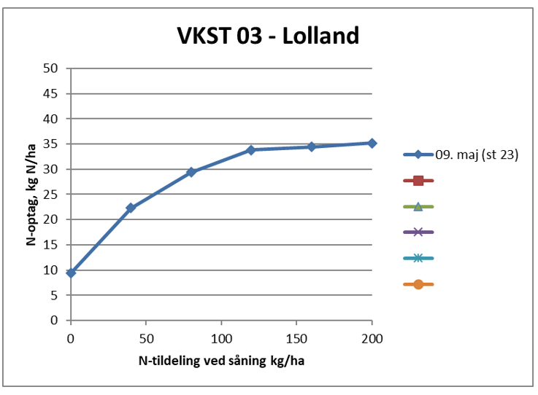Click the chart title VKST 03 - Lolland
(x=268, y=35)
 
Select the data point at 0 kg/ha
(x=71, y=273)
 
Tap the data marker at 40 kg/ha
(x=131, y=208)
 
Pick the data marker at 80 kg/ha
(x=191, y=172)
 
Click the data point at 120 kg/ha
(x=251, y=149)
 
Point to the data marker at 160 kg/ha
(x=312, y=146)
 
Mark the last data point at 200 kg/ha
(x=372, y=143)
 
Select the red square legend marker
(x=418, y=181)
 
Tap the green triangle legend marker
(x=418, y=206)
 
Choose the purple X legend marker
(x=418, y=232)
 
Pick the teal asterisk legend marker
(x=418, y=258)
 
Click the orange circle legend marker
(x=418, y=284)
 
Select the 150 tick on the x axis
(x=296, y=338)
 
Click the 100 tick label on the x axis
(x=221, y=338)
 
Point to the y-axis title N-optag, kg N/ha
(x=32, y=194)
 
